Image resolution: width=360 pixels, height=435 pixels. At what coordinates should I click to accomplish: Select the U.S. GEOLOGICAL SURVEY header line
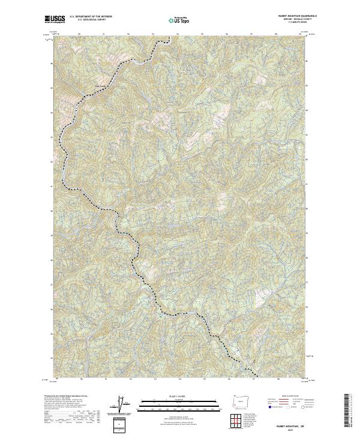pyautogui.click(x=86, y=20)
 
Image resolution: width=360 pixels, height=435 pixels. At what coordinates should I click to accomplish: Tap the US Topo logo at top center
pyautogui.click(x=179, y=20)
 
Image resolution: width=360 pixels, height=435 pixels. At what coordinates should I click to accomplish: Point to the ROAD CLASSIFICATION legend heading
pyautogui.click(x=289, y=397)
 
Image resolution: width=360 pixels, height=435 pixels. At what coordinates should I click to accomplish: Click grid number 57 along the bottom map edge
pyautogui.click(x=254, y=379)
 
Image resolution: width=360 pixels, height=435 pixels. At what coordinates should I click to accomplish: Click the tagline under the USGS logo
pyautogui.click(x=53, y=23)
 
